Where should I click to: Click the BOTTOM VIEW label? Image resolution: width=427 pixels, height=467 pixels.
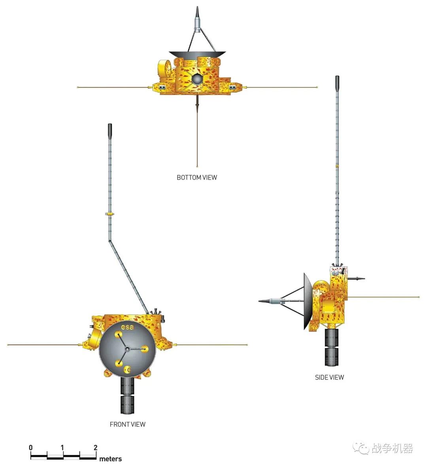[197, 178]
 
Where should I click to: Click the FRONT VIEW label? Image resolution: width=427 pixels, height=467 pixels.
[127, 424]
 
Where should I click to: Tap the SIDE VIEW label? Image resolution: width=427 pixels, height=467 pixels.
[329, 377]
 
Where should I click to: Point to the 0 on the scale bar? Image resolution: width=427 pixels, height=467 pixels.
[31, 447]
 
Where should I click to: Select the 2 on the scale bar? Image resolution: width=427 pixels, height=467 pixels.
[95, 447]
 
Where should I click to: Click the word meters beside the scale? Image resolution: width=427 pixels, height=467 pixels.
[110, 459]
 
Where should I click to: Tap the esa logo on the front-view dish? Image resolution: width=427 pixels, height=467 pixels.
[127, 327]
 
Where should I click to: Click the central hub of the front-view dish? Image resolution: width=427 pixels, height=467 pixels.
[127, 349]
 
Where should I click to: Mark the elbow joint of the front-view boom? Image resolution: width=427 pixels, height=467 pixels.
[110, 241]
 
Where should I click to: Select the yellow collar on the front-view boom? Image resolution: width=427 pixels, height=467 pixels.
[110, 214]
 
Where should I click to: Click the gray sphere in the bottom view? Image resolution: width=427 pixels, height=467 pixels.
[197, 79]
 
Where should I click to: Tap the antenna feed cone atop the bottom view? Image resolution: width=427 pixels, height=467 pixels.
[197, 19]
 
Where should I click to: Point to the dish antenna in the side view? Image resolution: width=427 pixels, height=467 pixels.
[308, 301]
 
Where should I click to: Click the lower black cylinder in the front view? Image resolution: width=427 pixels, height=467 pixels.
[127, 405]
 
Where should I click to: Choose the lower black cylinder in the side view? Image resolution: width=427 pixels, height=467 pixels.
[331, 357]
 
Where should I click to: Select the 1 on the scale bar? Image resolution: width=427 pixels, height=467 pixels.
[62, 447]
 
